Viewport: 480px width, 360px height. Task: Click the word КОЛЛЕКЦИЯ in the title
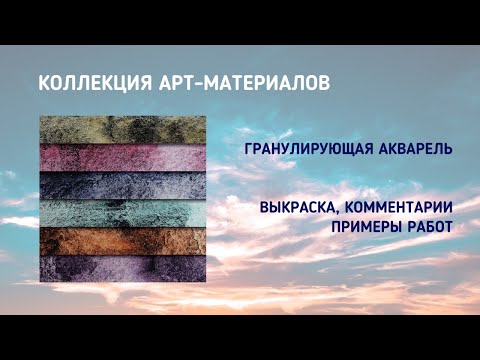click(83, 83)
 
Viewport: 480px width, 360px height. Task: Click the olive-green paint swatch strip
click(123, 129)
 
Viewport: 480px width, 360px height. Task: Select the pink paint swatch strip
click(123, 157)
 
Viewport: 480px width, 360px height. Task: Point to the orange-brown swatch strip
click(123, 241)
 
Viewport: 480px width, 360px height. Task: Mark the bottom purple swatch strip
click(123, 268)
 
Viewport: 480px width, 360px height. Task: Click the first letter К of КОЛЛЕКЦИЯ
click(43, 83)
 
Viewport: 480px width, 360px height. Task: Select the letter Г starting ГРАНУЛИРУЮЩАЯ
click(249, 148)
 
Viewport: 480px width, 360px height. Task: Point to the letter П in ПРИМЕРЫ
click(337, 227)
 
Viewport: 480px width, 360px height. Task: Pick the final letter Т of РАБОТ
click(449, 227)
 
